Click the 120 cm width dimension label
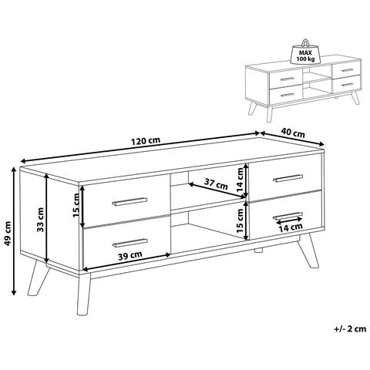(x=146, y=141)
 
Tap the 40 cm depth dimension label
(x=293, y=133)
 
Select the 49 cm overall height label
(x=8, y=233)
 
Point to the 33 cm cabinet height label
(x=40, y=219)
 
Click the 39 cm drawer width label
(x=130, y=255)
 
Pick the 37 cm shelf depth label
(x=216, y=183)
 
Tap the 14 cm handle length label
(x=291, y=227)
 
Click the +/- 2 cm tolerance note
(x=350, y=328)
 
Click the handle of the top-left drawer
(x=129, y=202)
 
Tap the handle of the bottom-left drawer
(x=130, y=243)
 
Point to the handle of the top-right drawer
(x=288, y=178)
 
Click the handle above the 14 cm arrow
(x=288, y=216)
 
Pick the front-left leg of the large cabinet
(x=83, y=293)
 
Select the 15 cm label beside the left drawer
(x=76, y=206)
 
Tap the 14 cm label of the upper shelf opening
(x=240, y=180)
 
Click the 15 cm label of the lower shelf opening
(x=240, y=220)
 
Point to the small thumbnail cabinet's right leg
(x=355, y=98)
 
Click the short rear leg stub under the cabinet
(x=258, y=250)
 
